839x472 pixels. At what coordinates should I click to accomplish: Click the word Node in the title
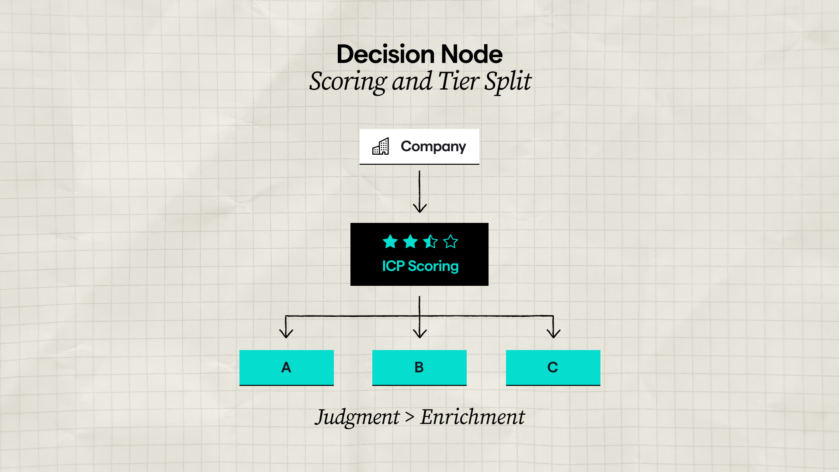472,54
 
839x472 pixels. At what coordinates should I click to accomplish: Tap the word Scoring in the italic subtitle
347,81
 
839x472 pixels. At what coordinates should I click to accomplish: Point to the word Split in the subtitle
508,81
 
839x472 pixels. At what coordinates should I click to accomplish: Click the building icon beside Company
381,146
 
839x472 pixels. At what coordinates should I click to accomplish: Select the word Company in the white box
433,146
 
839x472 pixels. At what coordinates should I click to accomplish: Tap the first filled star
390,241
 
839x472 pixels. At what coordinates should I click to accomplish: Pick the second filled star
410,241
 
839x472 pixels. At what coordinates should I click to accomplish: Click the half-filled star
430,241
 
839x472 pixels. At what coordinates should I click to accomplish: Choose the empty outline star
450,241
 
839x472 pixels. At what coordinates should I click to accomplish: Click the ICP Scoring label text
420,266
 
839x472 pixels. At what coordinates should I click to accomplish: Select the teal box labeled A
286,367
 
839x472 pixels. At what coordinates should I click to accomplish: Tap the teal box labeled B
419,367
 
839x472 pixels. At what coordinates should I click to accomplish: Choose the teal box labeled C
553,367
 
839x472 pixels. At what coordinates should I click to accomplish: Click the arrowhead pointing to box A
286,333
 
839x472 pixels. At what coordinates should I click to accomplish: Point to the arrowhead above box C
553,333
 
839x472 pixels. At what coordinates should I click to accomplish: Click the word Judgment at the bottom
357,417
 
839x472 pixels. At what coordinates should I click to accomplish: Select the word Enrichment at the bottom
472,417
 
